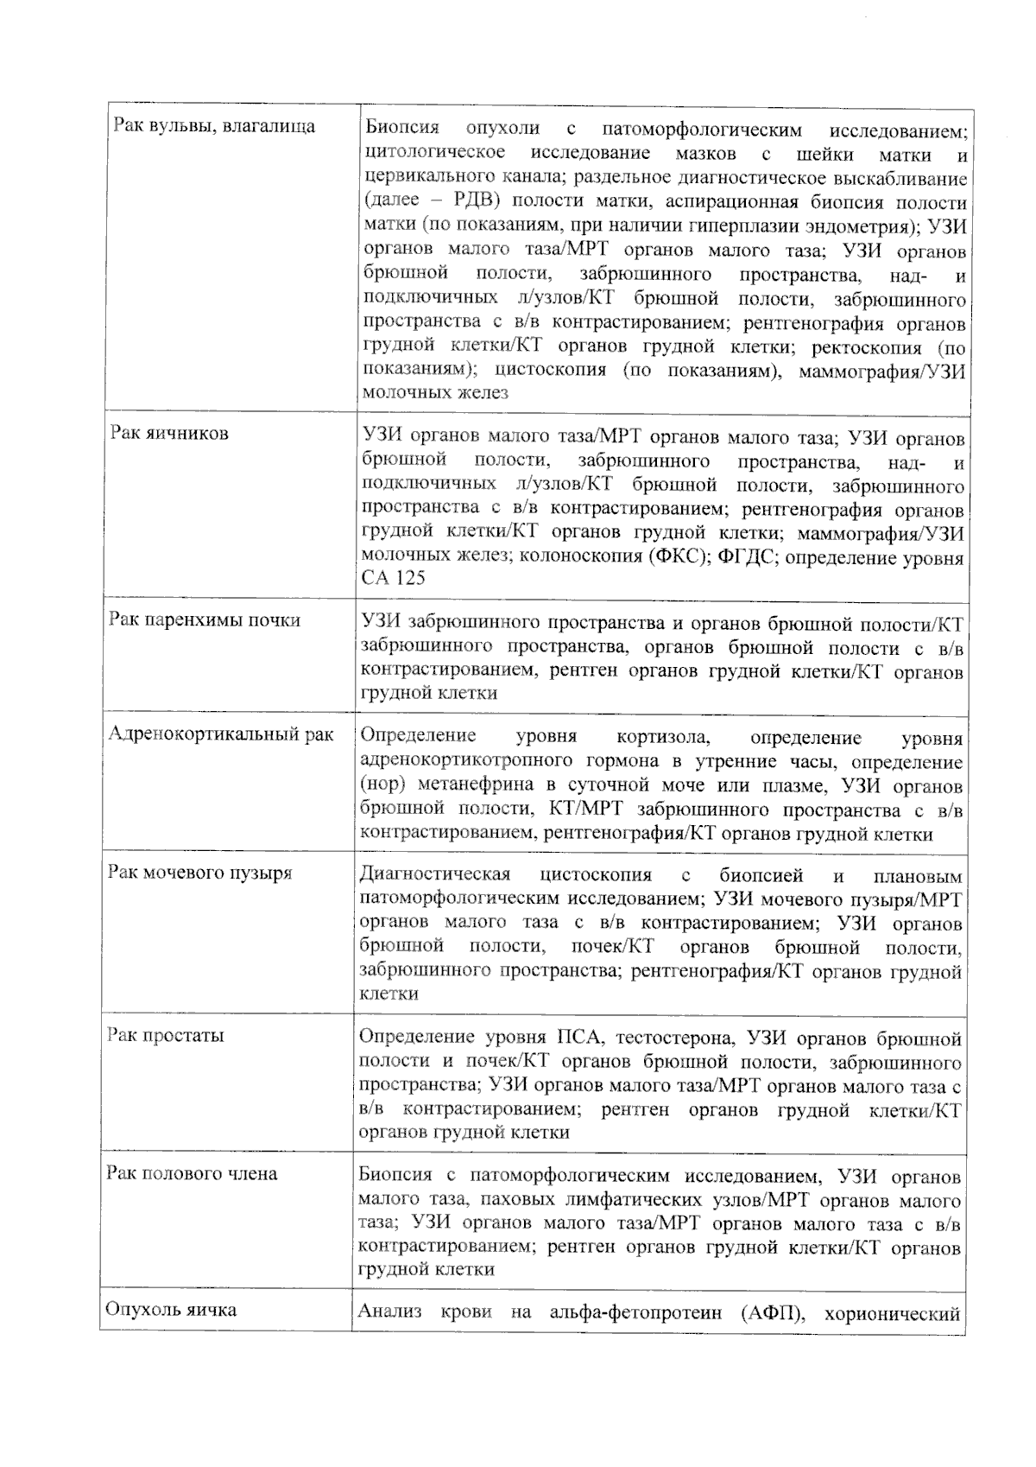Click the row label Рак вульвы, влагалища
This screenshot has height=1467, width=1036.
pyautogui.click(x=215, y=127)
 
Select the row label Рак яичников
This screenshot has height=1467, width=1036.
pyautogui.click(x=170, y=433)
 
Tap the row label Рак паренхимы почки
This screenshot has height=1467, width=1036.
pyautogui.click(x=205, y=619)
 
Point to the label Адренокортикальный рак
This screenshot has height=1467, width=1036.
pyautogui.click(x=221, y=734)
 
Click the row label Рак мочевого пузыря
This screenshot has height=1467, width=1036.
pyautogui.click(x=200, y=872)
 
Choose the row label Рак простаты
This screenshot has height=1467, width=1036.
pyautogui.click(x=167, y=1035)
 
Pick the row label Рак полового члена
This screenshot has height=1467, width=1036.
pyautogui.click(x=193, y=1173)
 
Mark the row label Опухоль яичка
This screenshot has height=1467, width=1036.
pyautogui.click(x=171, y=1309)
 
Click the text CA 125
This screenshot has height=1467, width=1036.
pyautogui.click(x=394, y=578)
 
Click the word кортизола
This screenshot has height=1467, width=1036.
pyautogui.click(x=664, y=738)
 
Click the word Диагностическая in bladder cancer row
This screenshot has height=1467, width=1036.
pyautogui.click(x=434, y=874)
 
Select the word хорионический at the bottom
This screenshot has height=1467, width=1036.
pyautogui.click(x=893, y=1314)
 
